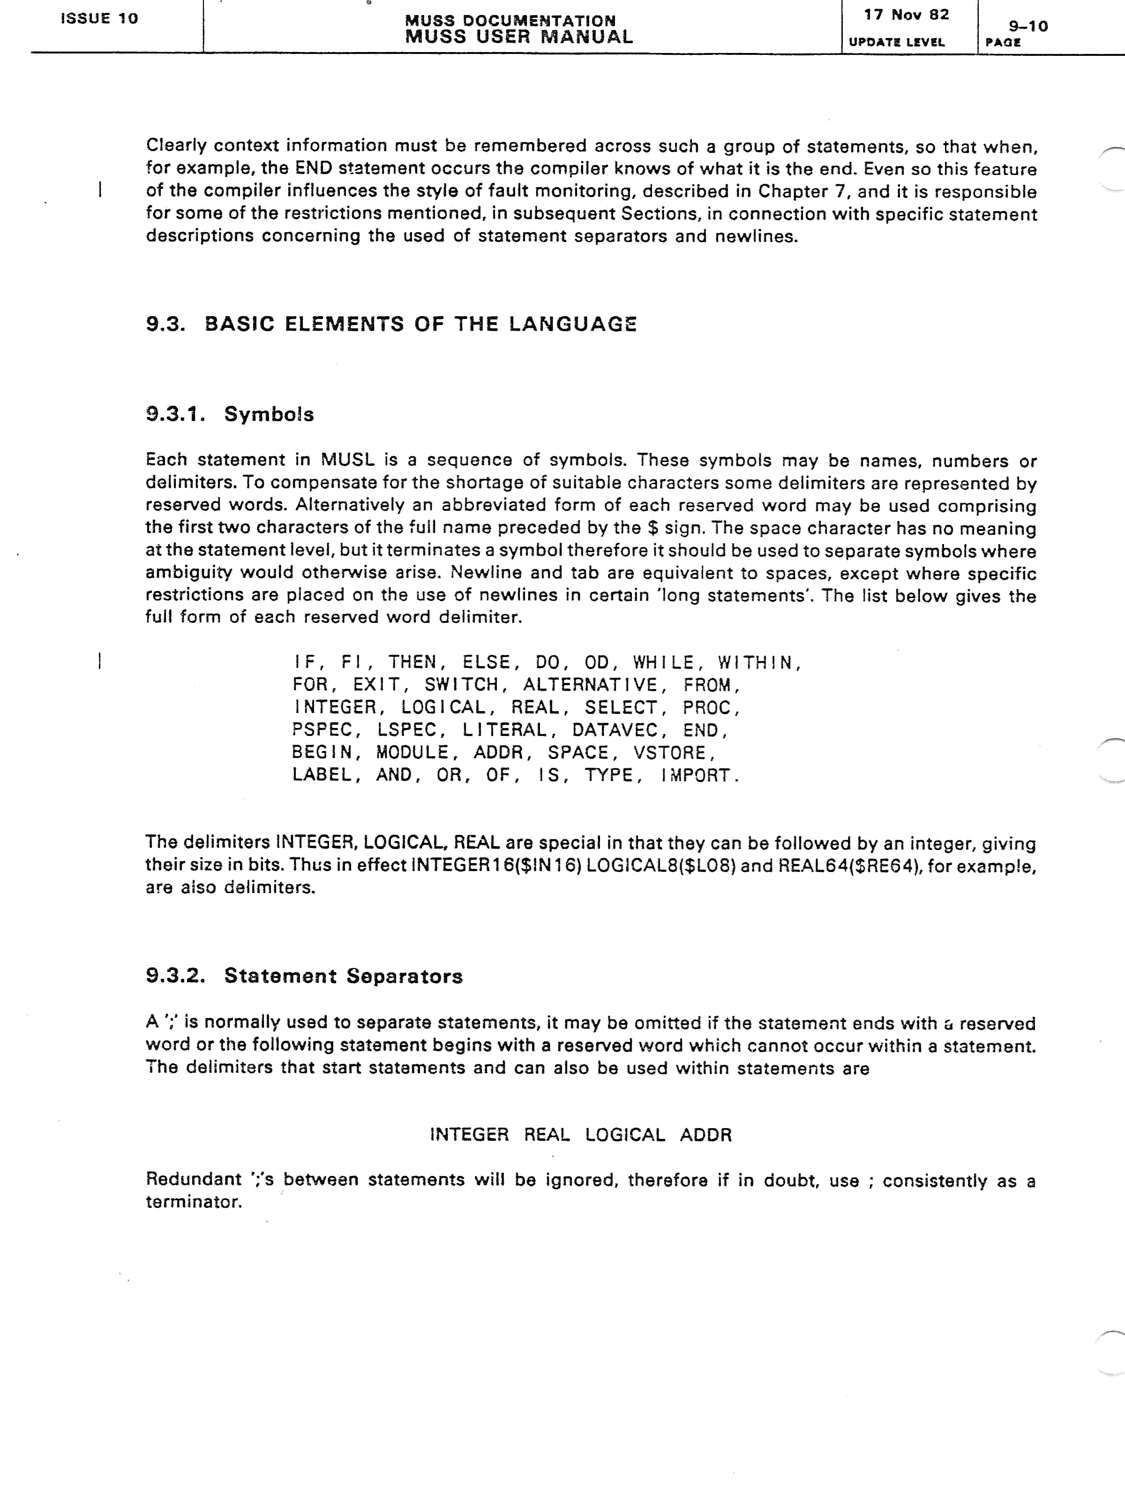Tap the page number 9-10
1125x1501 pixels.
1028,26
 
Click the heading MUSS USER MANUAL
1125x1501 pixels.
519,38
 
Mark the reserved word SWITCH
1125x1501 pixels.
461,685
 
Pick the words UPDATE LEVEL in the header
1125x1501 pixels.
896,42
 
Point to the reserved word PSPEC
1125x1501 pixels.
322,730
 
